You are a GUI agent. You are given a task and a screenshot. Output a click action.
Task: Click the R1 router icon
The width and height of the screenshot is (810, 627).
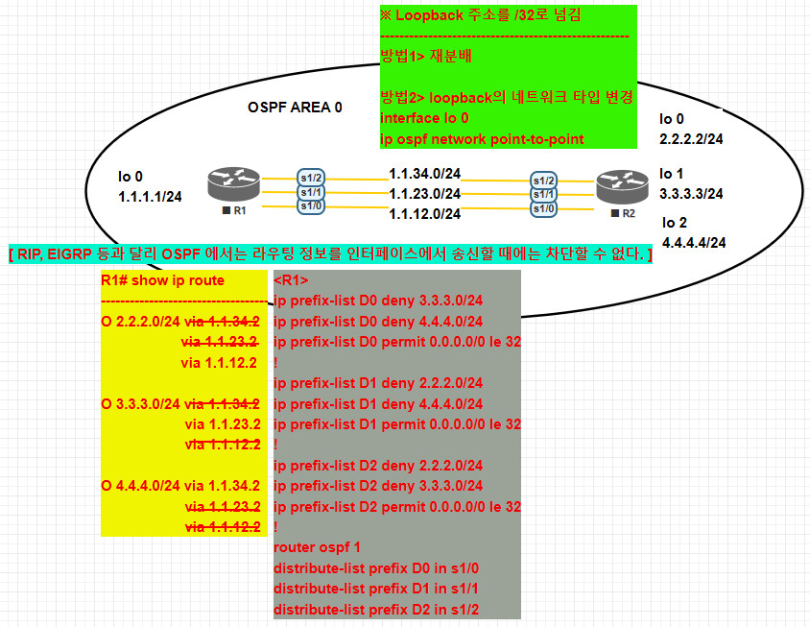coord(233,183)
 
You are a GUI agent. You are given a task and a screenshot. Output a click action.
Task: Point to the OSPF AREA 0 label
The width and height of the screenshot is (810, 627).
coord(295,108)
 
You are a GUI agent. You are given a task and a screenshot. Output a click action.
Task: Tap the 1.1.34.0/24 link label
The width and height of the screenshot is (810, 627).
coord(424,174)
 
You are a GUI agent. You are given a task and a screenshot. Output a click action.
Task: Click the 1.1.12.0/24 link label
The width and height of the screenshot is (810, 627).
coord(424,212)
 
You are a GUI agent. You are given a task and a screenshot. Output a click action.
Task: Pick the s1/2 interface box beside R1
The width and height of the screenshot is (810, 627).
coord(310,178)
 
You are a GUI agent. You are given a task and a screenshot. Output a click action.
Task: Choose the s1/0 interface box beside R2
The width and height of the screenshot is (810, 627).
coord(544,208)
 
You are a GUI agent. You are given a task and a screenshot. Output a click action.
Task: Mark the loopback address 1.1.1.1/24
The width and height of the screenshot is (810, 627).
coord(151,196)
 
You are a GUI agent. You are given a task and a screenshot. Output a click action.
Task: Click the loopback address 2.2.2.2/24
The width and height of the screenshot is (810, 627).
coord(691,138)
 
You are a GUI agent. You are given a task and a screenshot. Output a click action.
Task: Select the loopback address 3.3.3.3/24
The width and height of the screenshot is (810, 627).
coord(691,193)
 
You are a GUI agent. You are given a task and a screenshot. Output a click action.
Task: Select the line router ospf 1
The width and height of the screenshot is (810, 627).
coord(318,546)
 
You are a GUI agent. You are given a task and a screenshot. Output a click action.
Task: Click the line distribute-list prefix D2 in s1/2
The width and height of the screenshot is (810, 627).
coord(377,610)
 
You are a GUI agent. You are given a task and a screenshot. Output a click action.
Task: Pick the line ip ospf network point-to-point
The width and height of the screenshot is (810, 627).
coord(482,139)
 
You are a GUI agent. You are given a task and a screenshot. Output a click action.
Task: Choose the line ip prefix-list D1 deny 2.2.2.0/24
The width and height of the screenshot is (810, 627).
coord(378,382)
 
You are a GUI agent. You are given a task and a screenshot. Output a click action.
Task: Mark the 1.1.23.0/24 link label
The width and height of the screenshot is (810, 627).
coord(424,193)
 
